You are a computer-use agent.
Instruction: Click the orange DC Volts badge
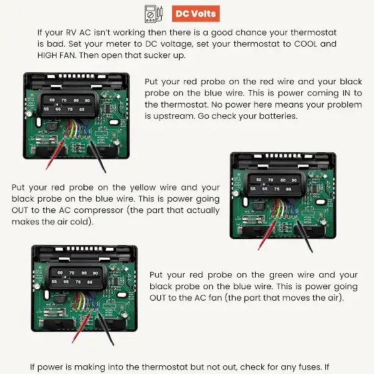click(196, 13)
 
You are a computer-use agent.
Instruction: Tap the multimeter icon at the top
click(154, 14)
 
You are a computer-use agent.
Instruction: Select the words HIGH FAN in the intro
click(56, 55)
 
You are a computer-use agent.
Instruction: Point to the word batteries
click(278, 116)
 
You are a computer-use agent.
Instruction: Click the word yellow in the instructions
click(142, 188)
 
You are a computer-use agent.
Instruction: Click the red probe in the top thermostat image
click(55, 154)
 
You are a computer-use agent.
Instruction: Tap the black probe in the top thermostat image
click(98, 156)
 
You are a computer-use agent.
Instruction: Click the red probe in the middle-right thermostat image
click(266, 235)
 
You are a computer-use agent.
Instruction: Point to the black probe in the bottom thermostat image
click(106, 329)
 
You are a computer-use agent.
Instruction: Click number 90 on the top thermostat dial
click(87, 101)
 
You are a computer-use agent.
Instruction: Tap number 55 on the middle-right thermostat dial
click(253, 188)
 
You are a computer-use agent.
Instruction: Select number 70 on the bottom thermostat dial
click(72, 272)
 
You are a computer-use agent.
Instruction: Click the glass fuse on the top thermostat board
click(47, 139)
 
